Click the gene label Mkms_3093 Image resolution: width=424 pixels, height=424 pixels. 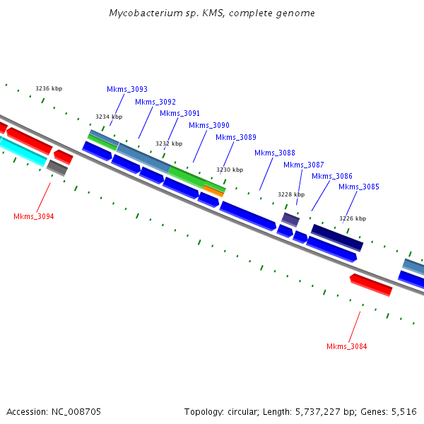[x=127, y=89]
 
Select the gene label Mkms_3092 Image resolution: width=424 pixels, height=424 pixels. [x=155, y=102]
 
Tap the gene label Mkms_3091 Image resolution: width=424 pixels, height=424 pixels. [x=179, y=113]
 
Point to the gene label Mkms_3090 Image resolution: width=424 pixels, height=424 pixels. [x=208, y=125]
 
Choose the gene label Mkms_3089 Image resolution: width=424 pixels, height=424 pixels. [x=235, y=137]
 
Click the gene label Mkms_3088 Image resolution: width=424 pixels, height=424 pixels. [x=275, y=153]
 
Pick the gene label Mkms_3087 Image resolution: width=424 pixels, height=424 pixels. [x=304, y=165]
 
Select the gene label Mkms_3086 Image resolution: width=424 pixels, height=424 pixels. [x=331, y=176]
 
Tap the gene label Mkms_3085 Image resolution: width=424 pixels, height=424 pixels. [x=358, y=187]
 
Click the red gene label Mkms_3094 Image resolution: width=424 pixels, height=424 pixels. [x=33, y=216]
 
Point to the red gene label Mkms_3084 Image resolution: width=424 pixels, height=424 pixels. [x=346, y=346]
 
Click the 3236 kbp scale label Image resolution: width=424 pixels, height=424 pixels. [x=49, y=88]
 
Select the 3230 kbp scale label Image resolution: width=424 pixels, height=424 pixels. [x=230, y=170]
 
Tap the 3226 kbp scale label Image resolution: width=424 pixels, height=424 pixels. [x=353, y=218]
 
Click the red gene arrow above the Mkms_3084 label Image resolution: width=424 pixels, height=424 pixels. [x=371, y=285]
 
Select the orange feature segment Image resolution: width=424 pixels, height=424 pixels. [x=213, y=190]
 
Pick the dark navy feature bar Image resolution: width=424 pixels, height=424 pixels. [x=337, y=237]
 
